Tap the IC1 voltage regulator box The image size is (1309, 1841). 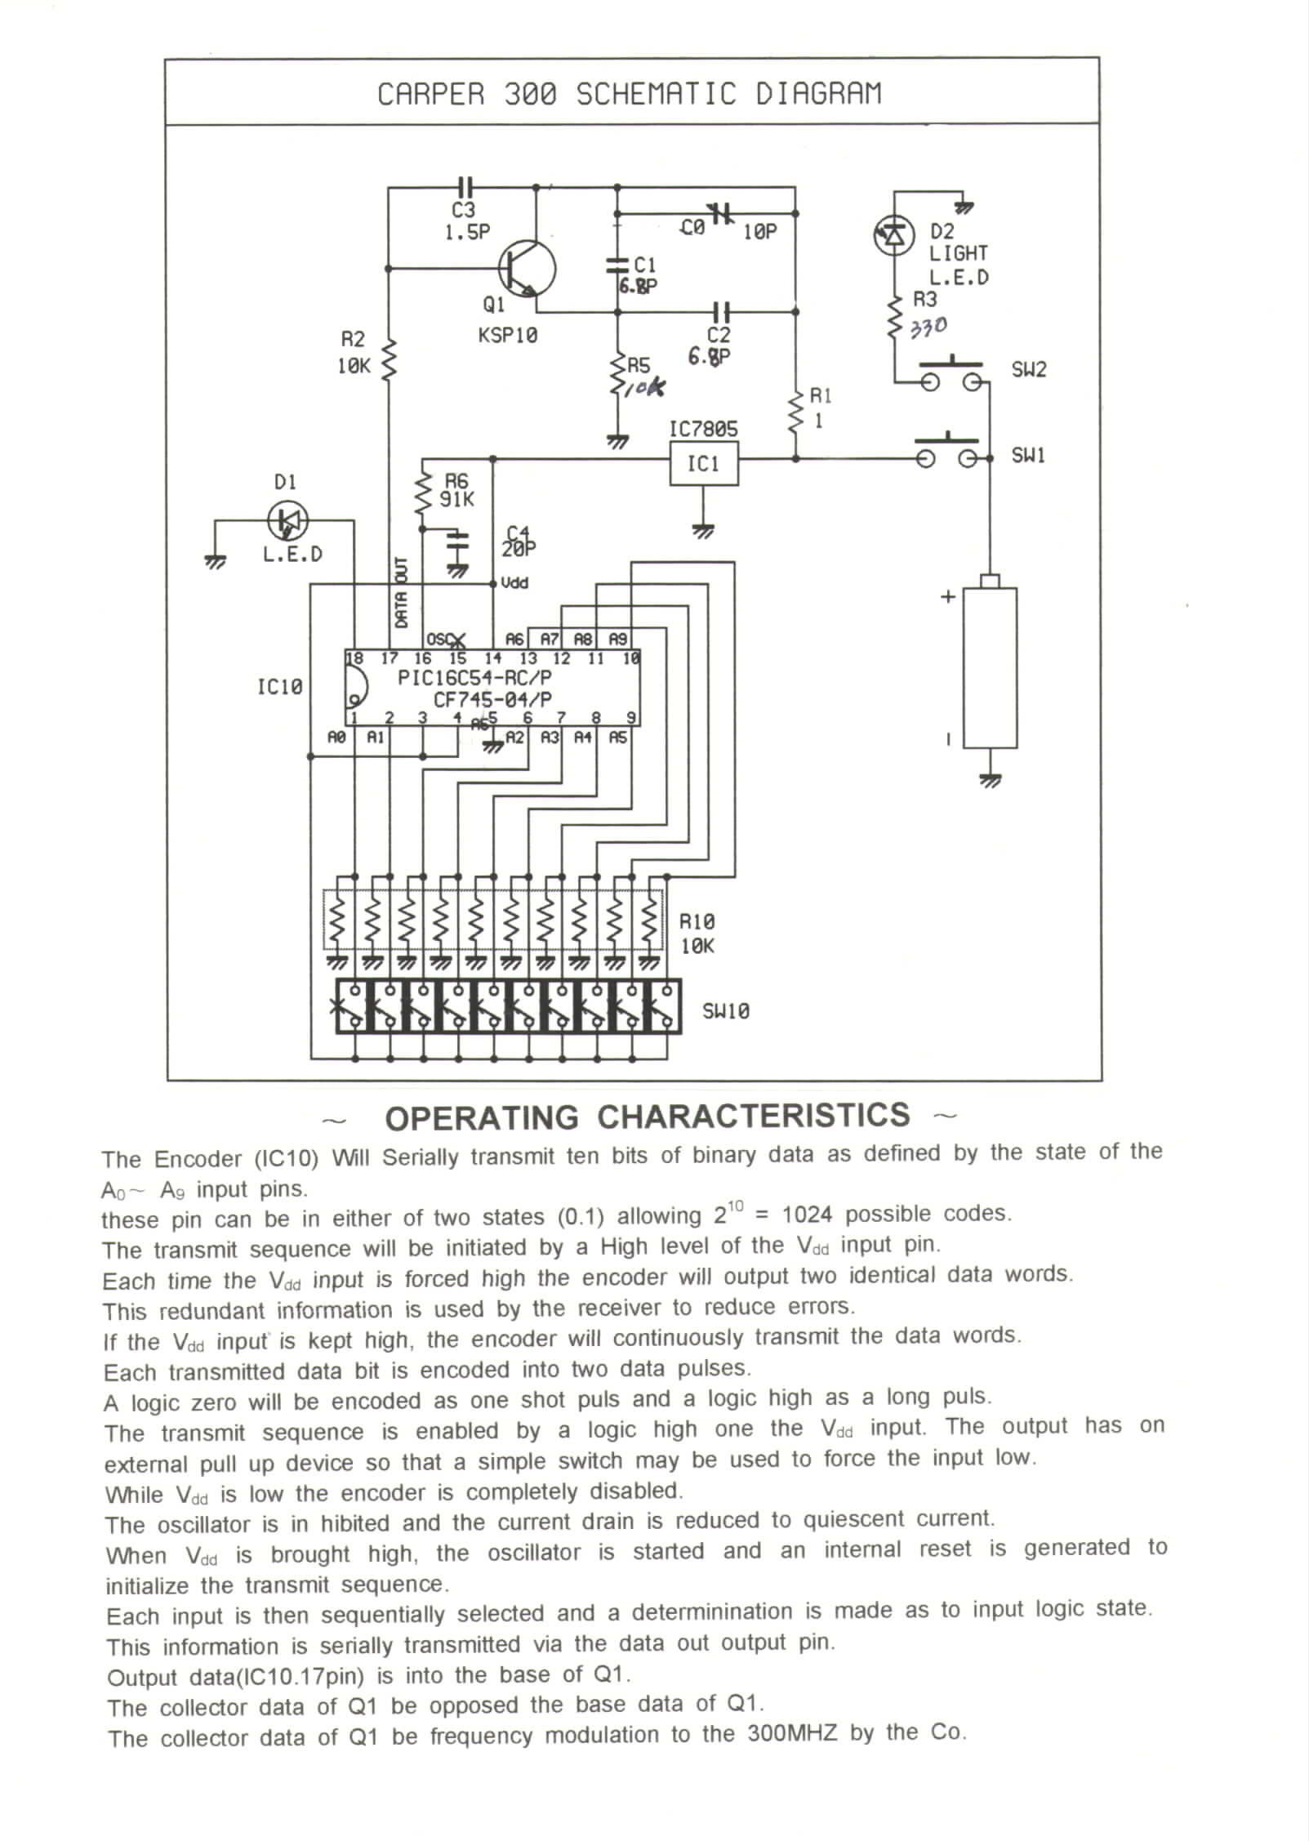pyautogui.click(x=704, y=464)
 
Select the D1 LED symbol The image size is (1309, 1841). pyautogui.click(x=287, y=519)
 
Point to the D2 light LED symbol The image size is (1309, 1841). pyautogui.click(x=893, y=236)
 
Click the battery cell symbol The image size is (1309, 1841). pyautogui.click(x=990, y=666)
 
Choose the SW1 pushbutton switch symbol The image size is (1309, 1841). pyautogui.click(x=946, y=454)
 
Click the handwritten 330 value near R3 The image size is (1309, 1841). pyautogui.click(x=928, y=328)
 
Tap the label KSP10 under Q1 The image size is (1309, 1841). pyautogui.click(x=508, y=336)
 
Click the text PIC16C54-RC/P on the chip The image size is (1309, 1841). pyautogui.click(x=474, y=678)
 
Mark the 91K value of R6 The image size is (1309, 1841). pyautogui.click(x=456, y=499)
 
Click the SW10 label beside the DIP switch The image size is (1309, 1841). pyautogui.click(x=725, y=1011)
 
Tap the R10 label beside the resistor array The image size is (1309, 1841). pyautogui.click(x=697, y=922)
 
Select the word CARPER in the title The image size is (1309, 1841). pyautogui.click(x=430, y=95)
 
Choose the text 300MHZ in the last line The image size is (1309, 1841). pyautogui.click(x=792, y=1733)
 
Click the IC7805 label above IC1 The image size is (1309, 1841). pyautogui.click(x=703, y=429)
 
